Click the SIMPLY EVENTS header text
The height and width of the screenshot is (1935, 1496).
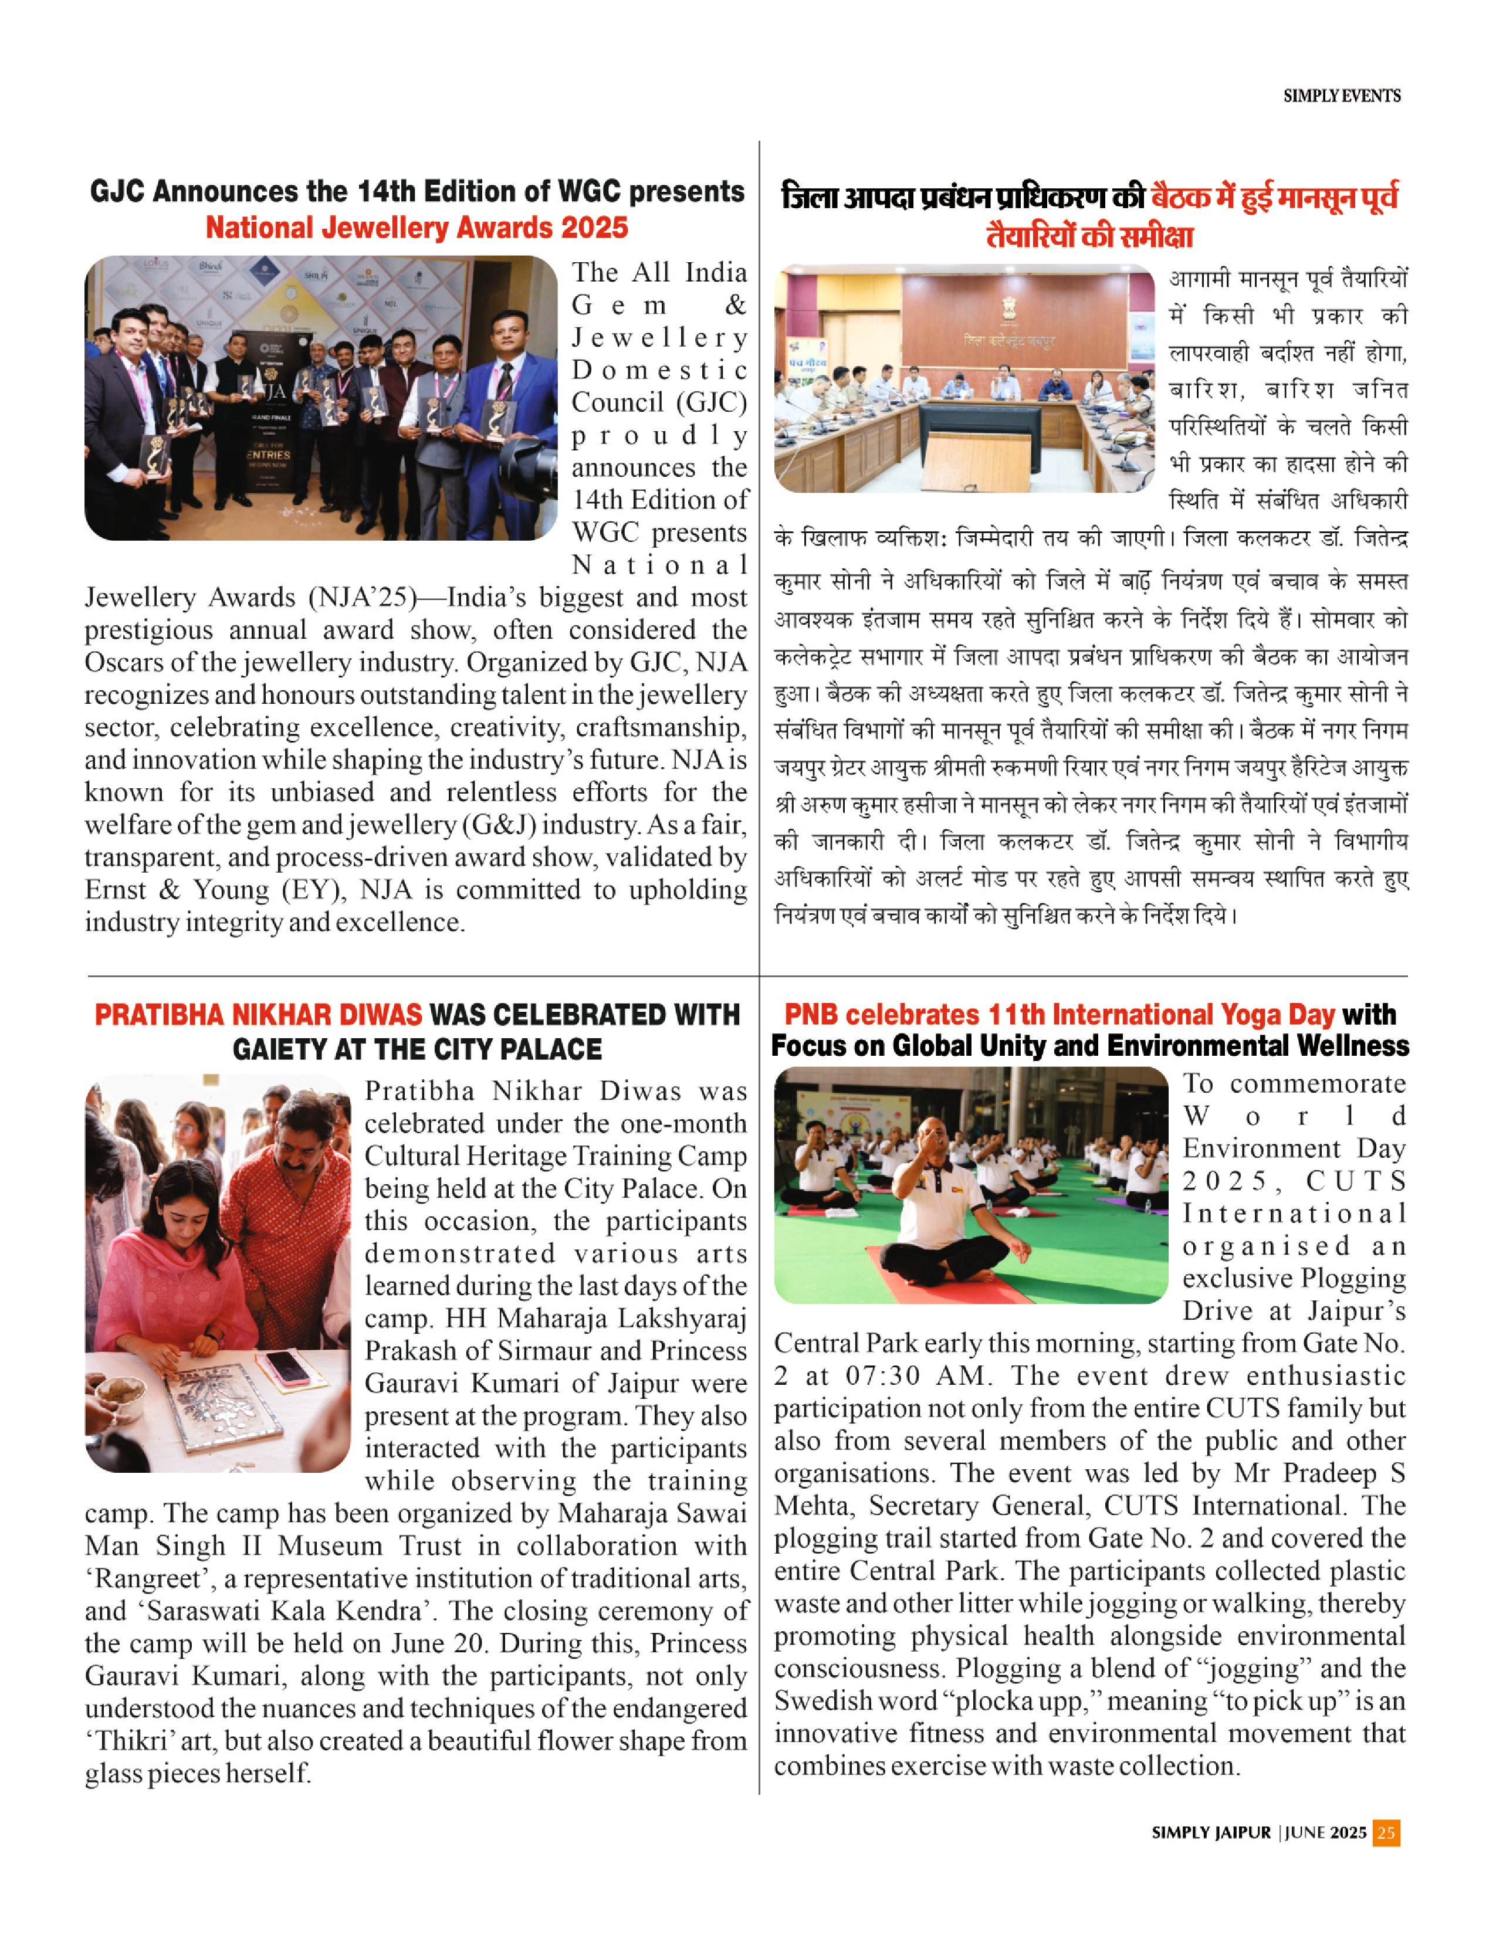[1341, 96]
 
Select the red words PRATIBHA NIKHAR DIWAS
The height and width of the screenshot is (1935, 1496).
[258, 1015]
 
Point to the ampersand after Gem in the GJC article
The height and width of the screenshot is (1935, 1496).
[736, 305]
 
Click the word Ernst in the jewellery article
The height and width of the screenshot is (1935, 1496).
[120, 890]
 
